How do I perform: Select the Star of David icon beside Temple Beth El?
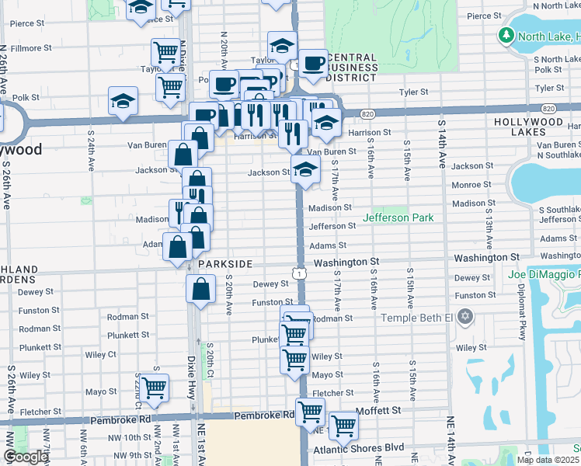pyautogui.click(x=464, y=317)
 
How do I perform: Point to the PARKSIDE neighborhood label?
pyautogui.click(x=224, y=264)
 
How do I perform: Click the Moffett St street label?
pyautogui.click(x=378, y=410)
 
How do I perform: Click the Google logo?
pyautogui.click(x=25, y=457)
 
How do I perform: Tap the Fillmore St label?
pyautogui.click(x=31, y=47)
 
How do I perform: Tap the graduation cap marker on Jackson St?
pyautogui.click(x=305, y=169)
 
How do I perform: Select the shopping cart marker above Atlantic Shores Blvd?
pyautogui.click(x=343, y=425)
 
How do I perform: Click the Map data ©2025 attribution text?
pyautogui.click(x=548, y=460)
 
